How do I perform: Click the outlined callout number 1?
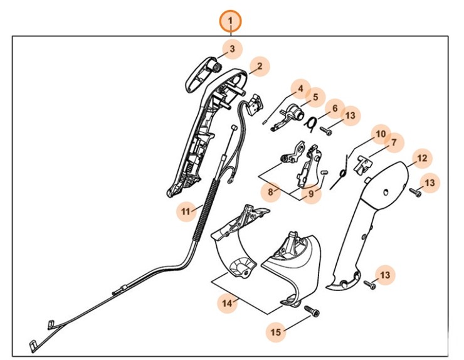click(230, 23)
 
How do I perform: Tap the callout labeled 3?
click(231, 48)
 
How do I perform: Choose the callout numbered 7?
click(393, 143)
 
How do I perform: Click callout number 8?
click(271, 191)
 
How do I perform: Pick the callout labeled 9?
click(310, 194)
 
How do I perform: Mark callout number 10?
click(379, 134)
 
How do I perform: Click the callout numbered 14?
click(227, 303)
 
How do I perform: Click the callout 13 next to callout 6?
click(350, 115)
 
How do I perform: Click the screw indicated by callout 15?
click(311, 312)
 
